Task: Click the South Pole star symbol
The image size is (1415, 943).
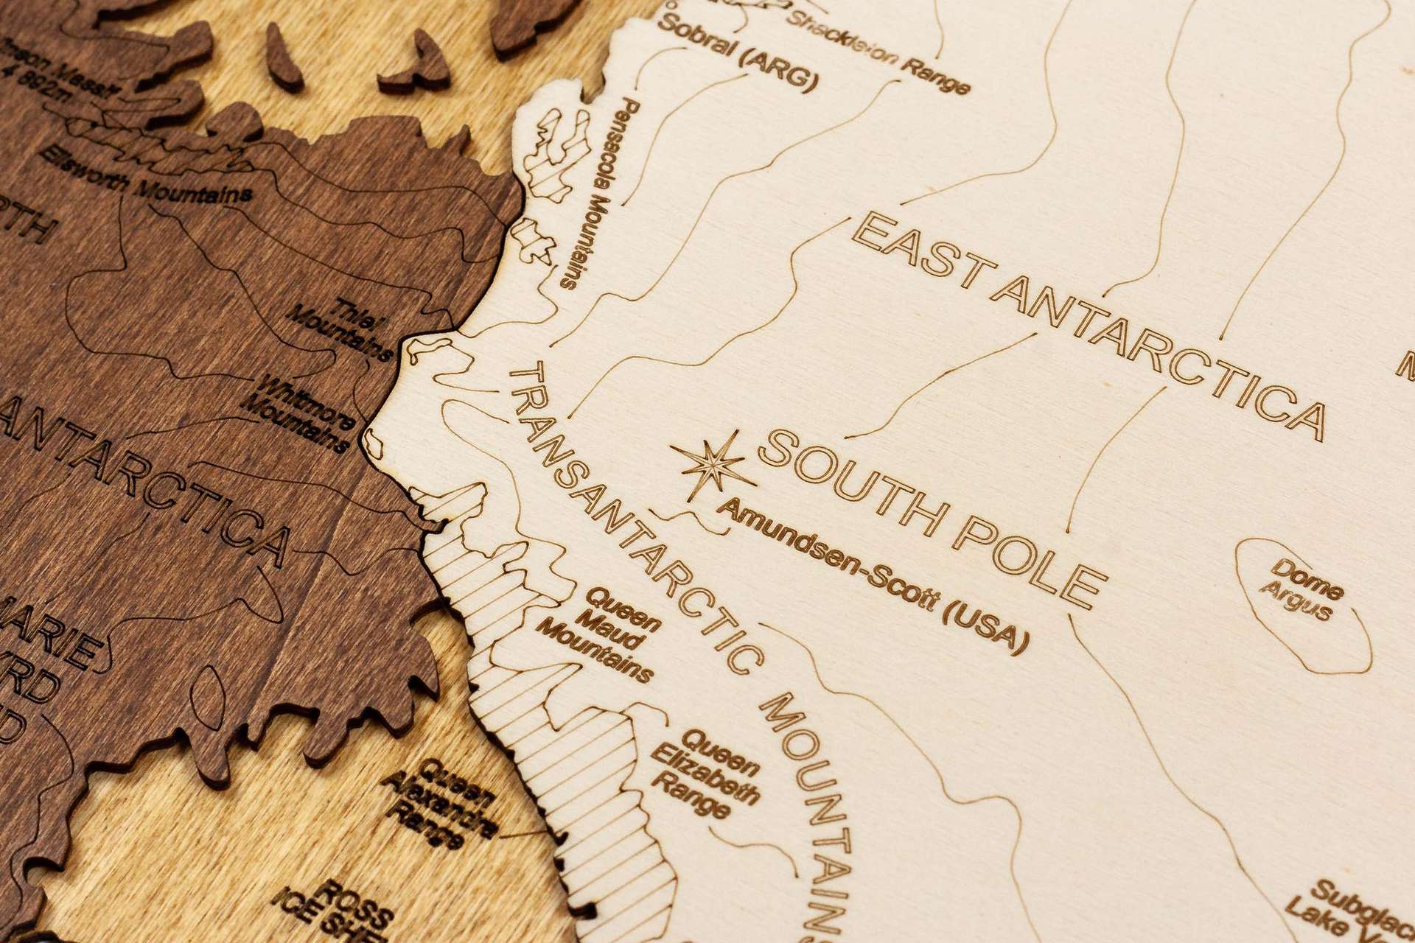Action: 711,465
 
